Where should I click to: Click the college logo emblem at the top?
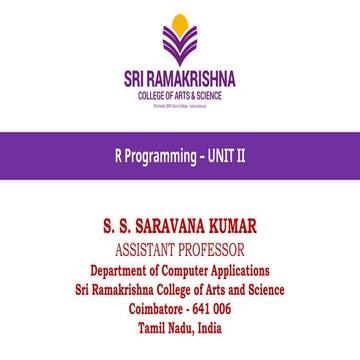(180, 41)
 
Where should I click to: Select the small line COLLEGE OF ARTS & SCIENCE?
(180, 96)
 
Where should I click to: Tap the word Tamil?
(152, 328)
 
